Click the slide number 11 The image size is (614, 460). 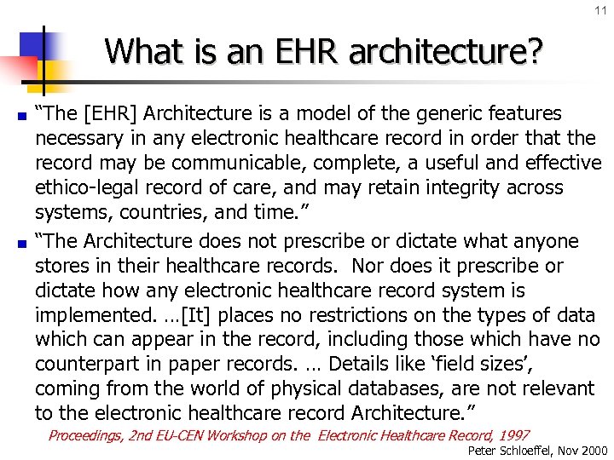pos(600,10)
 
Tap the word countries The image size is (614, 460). pos(149,212)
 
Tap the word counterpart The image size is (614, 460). pos(86,365)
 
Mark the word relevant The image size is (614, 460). pos(554,389)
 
